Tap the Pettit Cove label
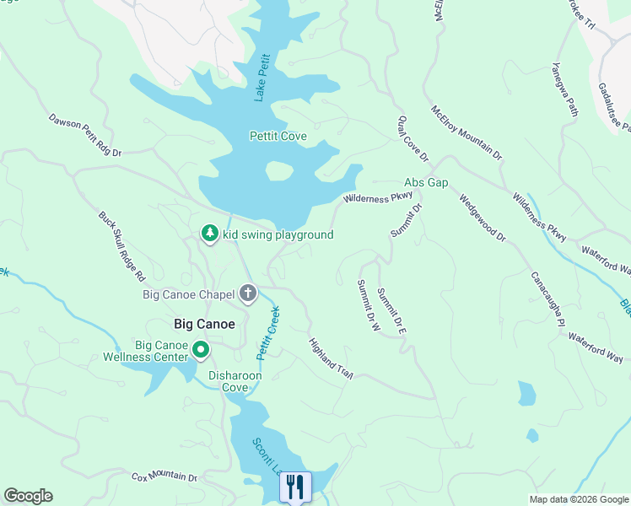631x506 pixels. pos(278,136)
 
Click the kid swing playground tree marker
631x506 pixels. pos(210,234)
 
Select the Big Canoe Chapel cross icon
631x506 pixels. pos(247,293)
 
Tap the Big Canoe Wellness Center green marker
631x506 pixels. pos(200,348)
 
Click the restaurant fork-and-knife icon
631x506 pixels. pos(295,487)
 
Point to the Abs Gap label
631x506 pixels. pos(425,182)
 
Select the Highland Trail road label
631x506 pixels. pos(330,358)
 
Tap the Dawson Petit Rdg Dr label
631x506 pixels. pos(85,136)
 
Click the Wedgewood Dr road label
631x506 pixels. pos(483,218)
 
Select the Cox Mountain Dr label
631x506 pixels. pos(164,477)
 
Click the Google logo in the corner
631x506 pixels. pos(28,496)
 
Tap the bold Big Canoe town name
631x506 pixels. pos(203,323)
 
